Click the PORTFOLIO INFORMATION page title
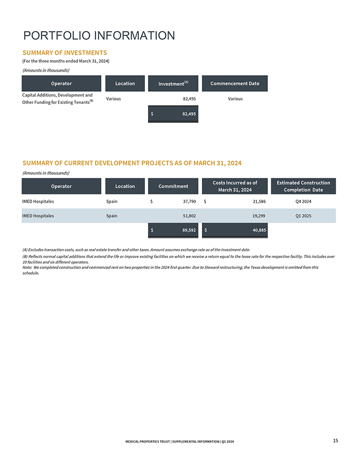(x=99, y=35)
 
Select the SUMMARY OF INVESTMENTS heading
(x=65, y=52)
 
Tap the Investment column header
(x=173, y=83)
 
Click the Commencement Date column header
(x=234, y=83)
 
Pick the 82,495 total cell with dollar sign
(x=173, y=114)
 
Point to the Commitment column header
(x=173, y=186)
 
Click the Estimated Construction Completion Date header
(x=303, y=186)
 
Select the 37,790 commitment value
(x=187, y=201)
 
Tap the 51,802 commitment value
(x=187, y=216)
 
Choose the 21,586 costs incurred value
(x=256, y=201)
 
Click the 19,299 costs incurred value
(x=256, y=216)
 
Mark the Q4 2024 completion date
(x=303, y=201)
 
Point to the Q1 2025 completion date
(x=303, y=216)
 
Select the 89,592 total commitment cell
(x=173, y=230)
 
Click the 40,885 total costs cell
(x=235, y=230)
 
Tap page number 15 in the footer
(x=335, y=440)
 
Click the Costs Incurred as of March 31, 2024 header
(x=235, y=186)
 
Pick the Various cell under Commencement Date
(x=235, y=99)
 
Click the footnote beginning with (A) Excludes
(x=136, y=250)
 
